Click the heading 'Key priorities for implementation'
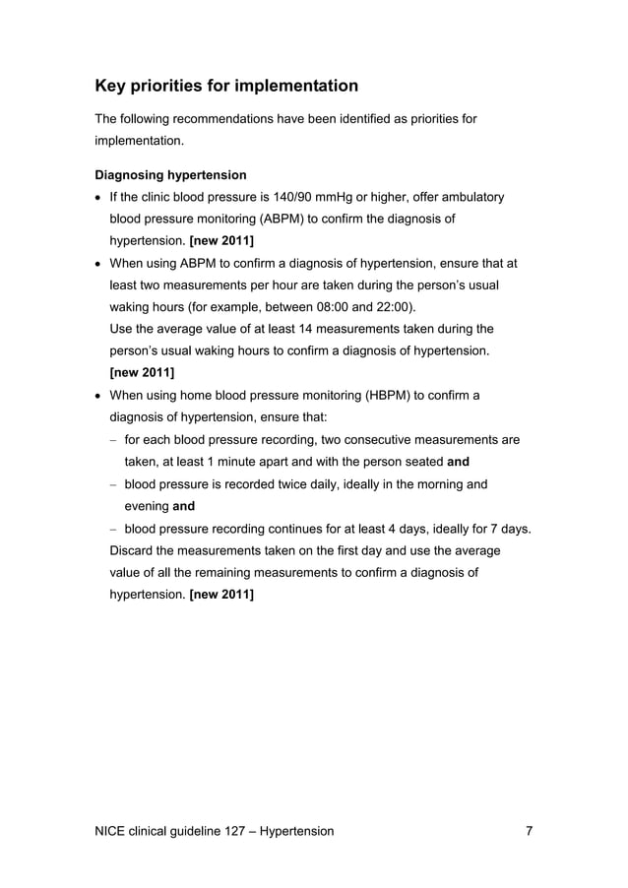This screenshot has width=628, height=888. pos(226,86)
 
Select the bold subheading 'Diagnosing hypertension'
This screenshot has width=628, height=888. pos(170,175)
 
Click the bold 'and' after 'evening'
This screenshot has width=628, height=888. pos(183,506)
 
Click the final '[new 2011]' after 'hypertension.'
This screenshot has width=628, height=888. pos(221,595)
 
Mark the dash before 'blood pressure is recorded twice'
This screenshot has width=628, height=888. pos(113,484)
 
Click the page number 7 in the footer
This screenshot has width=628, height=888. pos(530,831)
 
